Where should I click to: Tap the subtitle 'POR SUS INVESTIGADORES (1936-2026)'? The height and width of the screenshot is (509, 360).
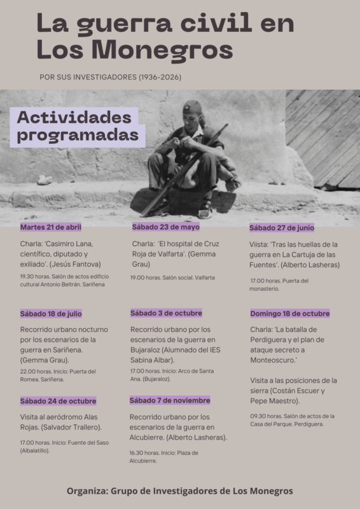(x=111, y=78)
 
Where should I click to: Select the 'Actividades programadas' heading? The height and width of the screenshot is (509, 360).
(x=77, y=126)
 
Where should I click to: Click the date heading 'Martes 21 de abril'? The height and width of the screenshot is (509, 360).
(x=51, y=227)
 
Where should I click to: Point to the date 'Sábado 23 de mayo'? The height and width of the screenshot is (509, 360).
(x=165, y=227)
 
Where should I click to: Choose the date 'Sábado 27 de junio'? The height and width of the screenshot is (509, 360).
(x=282, y=228)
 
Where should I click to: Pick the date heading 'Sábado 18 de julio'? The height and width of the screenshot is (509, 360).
(x=51, y=314)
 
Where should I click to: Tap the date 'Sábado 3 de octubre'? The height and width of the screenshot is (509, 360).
(x=166, y=313)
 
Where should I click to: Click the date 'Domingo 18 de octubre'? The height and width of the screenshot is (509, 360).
(x=289, y=314)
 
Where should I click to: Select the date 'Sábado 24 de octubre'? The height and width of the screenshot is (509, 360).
(x=58, y=401)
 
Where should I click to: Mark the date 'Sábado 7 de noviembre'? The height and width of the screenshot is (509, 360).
(x=170, y=400)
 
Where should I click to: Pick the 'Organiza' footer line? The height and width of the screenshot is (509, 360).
(x=180, y=491)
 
